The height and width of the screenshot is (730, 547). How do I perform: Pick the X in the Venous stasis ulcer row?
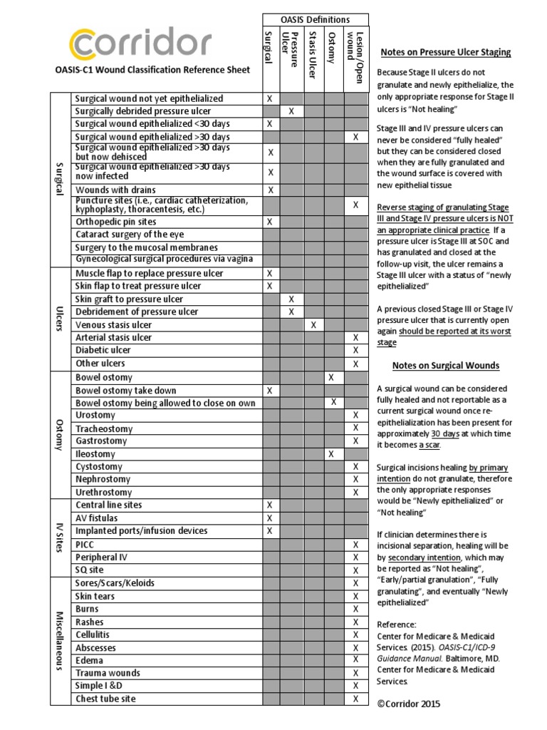312,325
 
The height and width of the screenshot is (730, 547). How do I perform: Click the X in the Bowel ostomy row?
331,377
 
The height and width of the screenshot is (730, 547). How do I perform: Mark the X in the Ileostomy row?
331,454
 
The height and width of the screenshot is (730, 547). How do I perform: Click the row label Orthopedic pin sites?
115,222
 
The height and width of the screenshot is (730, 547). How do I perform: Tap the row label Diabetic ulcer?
103,351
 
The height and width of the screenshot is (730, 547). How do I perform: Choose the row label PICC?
86,544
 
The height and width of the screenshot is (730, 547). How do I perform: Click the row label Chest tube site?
105,699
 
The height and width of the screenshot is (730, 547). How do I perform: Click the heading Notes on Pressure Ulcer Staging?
446,53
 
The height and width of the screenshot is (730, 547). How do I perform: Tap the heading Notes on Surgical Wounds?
446,366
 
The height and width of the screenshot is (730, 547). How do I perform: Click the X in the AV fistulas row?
269,518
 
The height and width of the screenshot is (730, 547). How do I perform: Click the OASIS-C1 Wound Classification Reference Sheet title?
152,70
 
